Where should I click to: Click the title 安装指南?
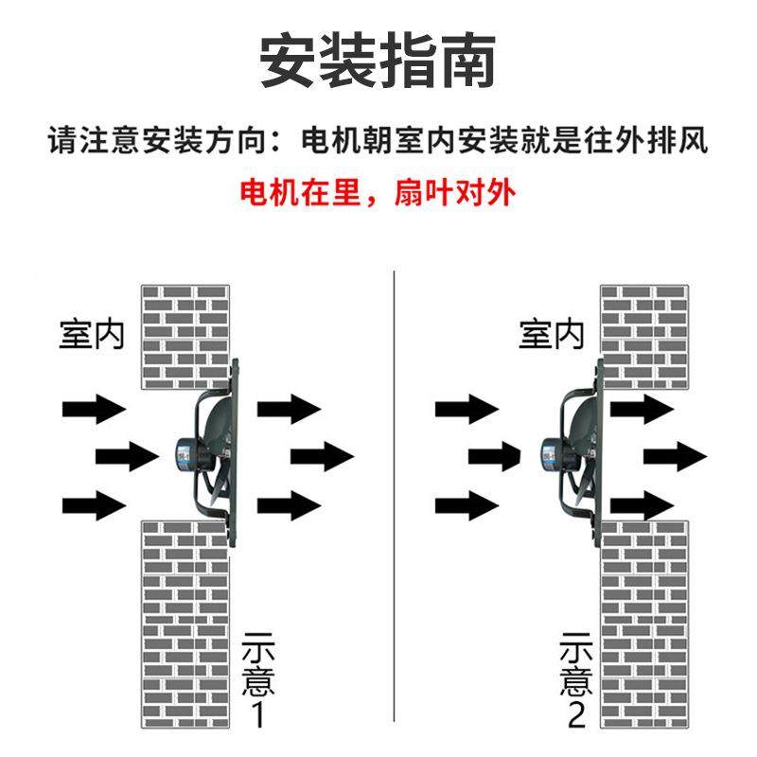pyautogui.click(x=378, y=62)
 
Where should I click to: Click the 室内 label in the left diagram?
pyautogui.click(x=92, y=334)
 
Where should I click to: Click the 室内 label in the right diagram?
pyautogui.click(x=552, y=334)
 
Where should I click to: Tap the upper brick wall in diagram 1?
pyautogui.click(x=185, y=336)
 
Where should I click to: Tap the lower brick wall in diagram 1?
pyautogui.click(x=185, y=625)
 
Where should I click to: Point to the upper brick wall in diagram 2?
pyautogui.click(x=643, y=336)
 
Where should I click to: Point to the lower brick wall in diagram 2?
pyautogui.click(x=643, y=625)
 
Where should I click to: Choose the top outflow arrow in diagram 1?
pyautogui.click(x=289, y=409)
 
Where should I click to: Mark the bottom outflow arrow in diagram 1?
pyautogui.click(x=289, y=503)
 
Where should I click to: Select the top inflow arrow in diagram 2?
pyautogui.click(x=467, y=409)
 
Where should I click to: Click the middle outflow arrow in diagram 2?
pyautogui.click(x=676, y=456)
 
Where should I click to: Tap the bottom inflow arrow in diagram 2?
pyautogui.click(x=467, y=503)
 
